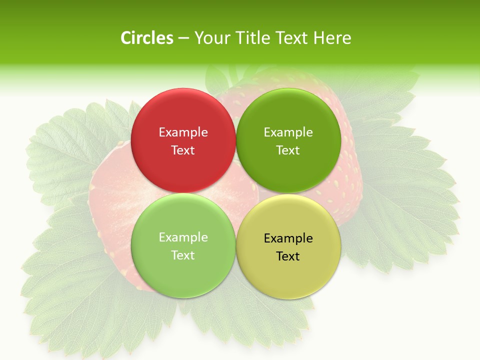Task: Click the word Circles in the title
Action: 147,38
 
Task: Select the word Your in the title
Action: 211,38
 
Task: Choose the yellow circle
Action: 288,273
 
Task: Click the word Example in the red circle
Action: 183,132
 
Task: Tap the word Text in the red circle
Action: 183,150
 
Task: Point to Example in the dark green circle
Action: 288,132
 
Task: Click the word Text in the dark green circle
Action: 288,150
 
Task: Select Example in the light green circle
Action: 183,237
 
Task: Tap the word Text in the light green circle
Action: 183,255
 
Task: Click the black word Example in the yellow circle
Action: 288,238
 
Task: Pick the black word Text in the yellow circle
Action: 288,256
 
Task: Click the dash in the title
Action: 183,38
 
